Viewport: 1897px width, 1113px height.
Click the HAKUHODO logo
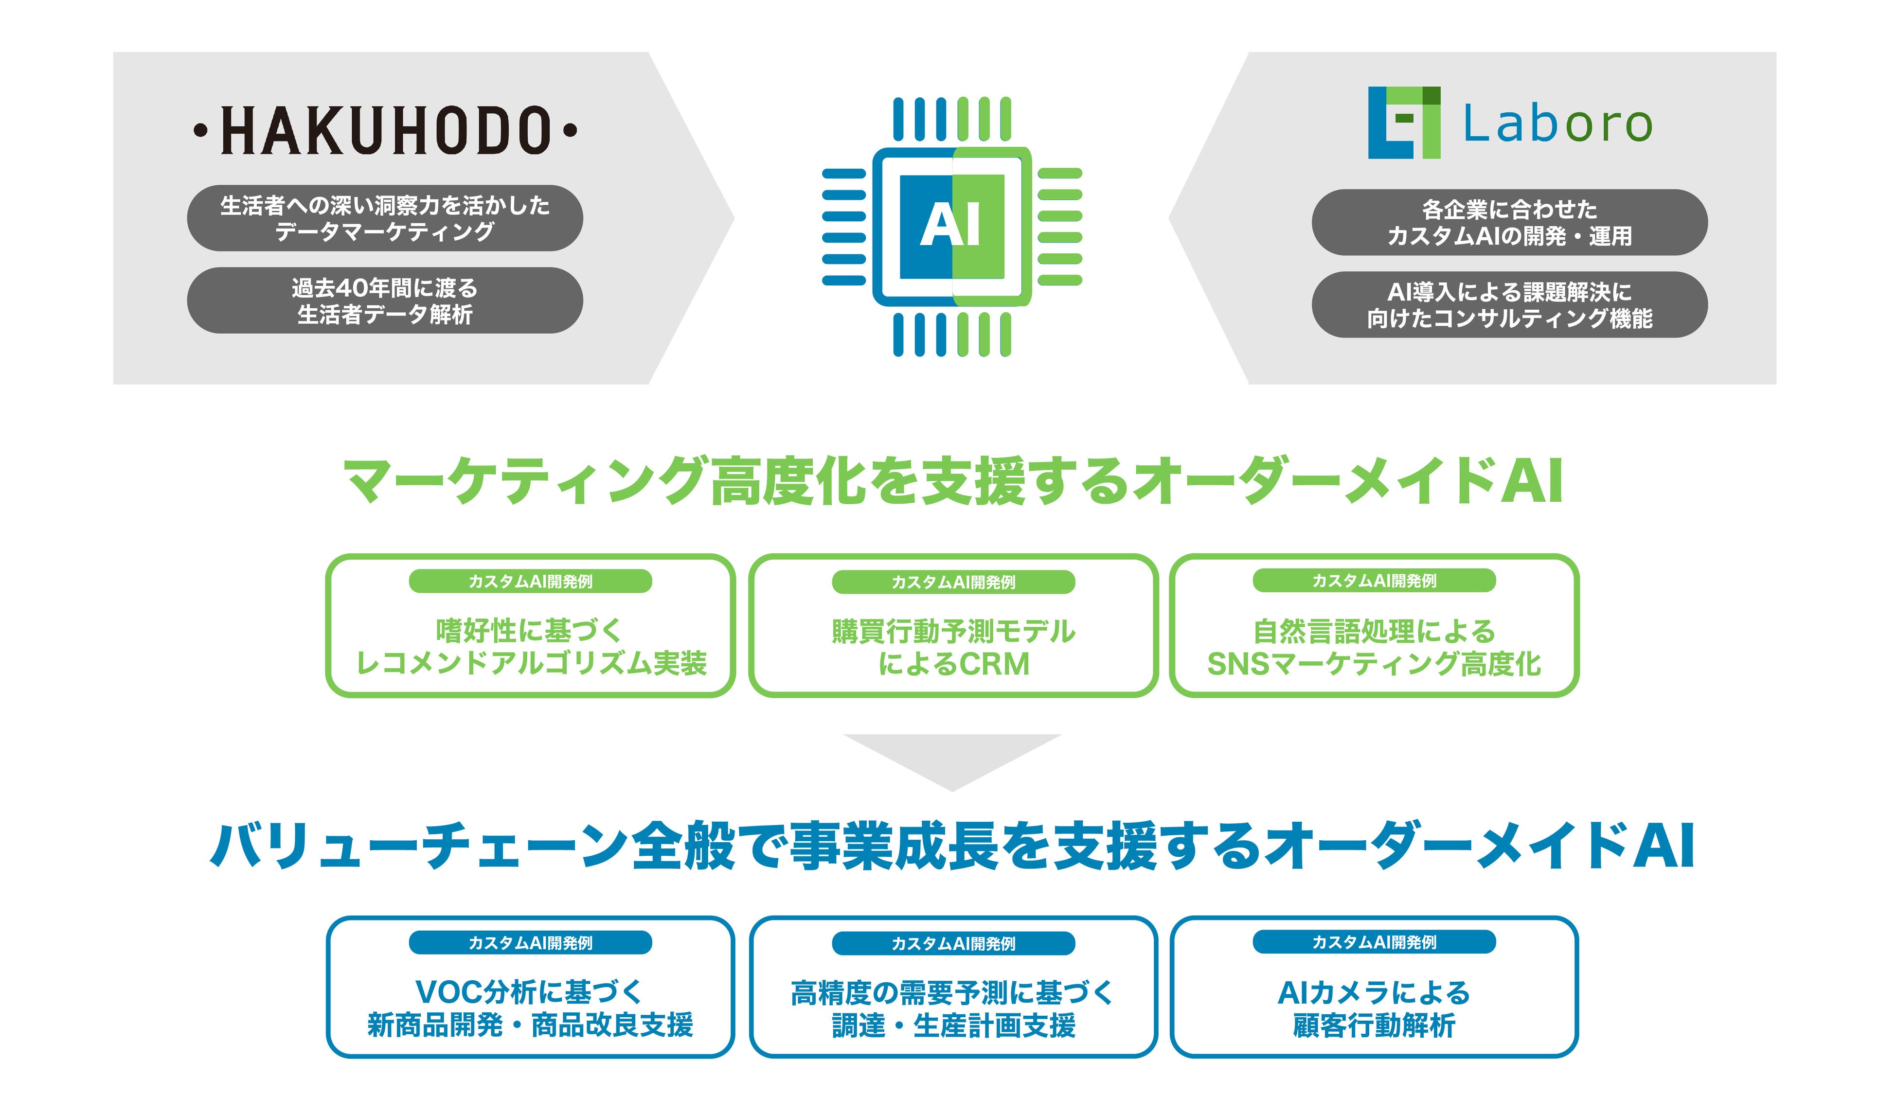point(385,130)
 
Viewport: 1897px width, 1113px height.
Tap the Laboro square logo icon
point(1403,123)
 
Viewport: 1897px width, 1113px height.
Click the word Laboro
point(1557,124)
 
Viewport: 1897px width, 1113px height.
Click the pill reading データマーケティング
point(385,218)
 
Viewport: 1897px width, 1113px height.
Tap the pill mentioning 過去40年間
point(385,300)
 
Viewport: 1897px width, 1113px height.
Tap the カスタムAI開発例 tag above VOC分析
point(530,942)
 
